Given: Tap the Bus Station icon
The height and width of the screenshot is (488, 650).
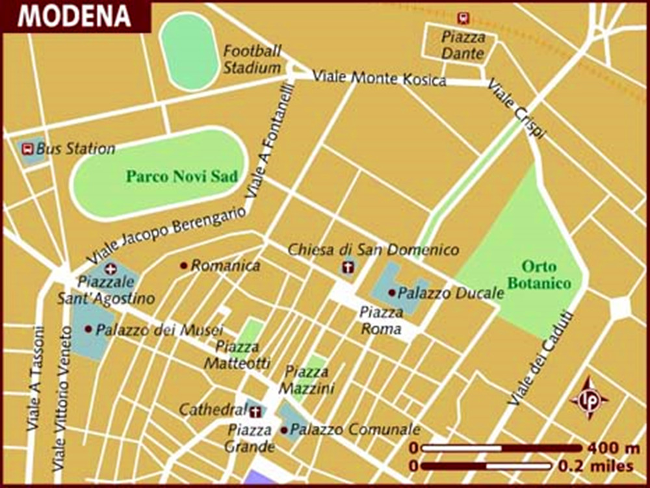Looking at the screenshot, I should [x=28, y=149].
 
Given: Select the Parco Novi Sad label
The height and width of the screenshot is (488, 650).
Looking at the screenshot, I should [x=182, y=176].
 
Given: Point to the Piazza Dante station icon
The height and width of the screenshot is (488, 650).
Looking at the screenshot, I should [x=463, y=18].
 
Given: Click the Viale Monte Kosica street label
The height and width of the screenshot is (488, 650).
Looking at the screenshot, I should [x=380, y=79].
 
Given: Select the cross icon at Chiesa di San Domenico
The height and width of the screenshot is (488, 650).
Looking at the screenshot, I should [x=348, y=267].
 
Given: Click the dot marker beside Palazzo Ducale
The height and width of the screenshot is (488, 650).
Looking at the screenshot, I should [x=391, y=293].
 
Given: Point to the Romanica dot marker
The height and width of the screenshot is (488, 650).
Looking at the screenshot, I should [x=184, y=265].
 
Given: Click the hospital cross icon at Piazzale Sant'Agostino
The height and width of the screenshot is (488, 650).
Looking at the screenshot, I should [x=110, y=268].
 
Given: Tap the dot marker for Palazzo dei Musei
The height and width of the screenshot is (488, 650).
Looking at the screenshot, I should [x=88, y=329].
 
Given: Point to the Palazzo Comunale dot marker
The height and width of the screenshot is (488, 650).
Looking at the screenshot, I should [x=284, y=430].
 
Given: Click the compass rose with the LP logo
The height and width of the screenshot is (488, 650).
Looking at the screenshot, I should [x=589, y=398].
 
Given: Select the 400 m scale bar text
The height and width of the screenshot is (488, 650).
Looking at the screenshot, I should [x=613, y=448].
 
